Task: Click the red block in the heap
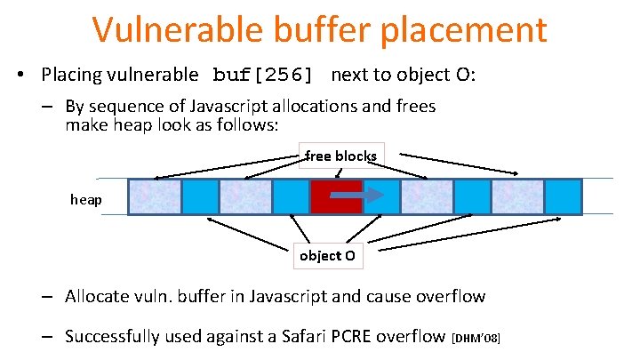pyautogui.click(x=336, y=196)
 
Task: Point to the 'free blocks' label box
pyautogui.click(x=341, y=156)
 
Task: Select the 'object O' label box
pyautogui.click(x=327, y=255)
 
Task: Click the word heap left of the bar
pyautogui.click(x=86, y=200)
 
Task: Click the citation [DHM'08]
pyautogui.click(x=476, y=339)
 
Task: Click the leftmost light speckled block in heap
pyautogui.click(x=155, y=196)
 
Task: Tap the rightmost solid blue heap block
pyautogui.click(x=563, y=196)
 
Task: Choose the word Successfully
pyautogui.click(x=117, y=337)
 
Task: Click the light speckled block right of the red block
pyautogui.click(x=427, y=196)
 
